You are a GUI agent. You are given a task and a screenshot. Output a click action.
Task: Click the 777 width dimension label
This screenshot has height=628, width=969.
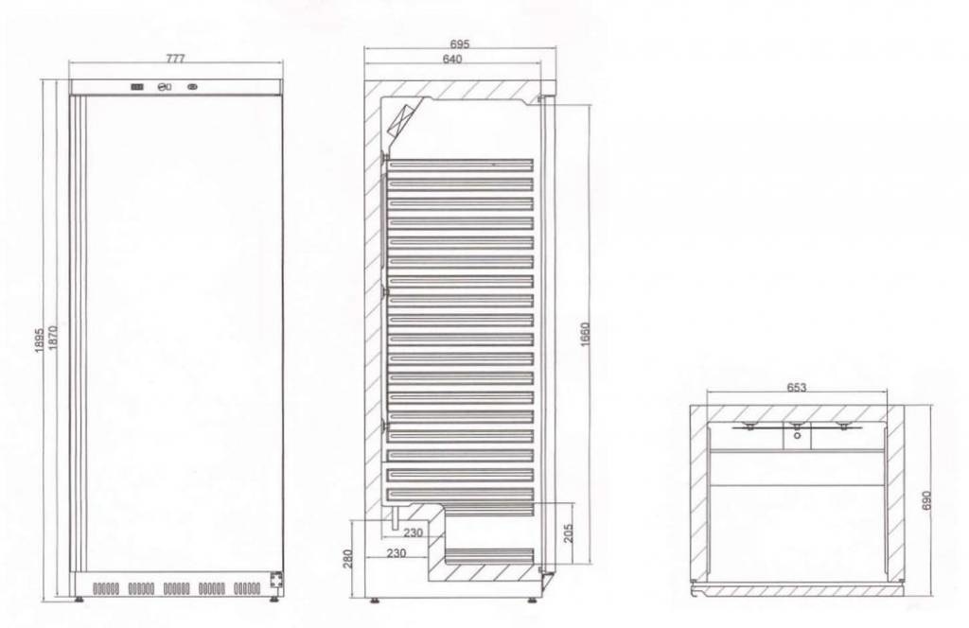coord(175,58)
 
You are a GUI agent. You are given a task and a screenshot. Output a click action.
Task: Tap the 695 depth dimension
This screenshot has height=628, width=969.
coord(460,44)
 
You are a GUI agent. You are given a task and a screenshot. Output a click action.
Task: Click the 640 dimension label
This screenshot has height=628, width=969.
coord(451,60)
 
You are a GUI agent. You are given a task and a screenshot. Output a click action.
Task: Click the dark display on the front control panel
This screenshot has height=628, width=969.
coord(138,88)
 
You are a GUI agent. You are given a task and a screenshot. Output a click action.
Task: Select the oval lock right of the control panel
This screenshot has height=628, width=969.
coord(196,88)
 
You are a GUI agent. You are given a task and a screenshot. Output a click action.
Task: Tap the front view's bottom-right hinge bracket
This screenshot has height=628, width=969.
coord(276,580)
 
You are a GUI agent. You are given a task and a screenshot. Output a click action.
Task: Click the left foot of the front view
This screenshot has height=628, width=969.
coord(78,598)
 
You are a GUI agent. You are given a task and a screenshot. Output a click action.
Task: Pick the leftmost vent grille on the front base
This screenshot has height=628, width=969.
coord(106,588)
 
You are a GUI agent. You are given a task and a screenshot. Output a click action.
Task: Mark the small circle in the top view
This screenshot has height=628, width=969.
coord(797,436)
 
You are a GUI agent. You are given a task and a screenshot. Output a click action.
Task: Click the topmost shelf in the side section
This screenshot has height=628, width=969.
coord(459,164)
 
